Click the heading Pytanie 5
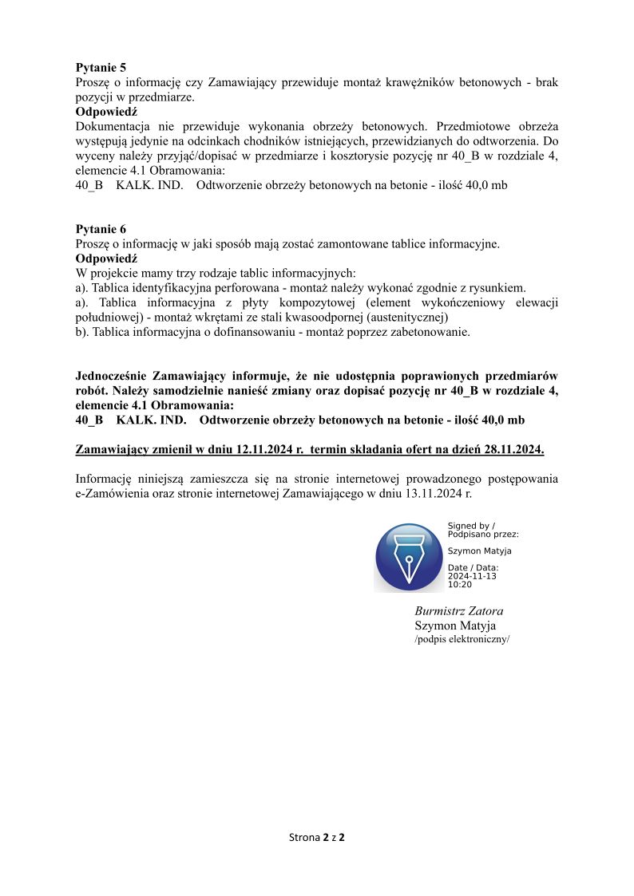coord(101,68)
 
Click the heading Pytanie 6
coord(101,230)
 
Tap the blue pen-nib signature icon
coord(409,558)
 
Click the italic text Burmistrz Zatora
coord(459,611)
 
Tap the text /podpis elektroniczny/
coord(462,640)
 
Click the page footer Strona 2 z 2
coord(316,838)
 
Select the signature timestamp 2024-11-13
coord(472,576)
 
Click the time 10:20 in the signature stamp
coord(459,585)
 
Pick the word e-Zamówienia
coord(113,494)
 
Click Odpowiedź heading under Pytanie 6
coord(107,259)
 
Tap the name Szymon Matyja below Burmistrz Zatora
coord(455,626)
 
